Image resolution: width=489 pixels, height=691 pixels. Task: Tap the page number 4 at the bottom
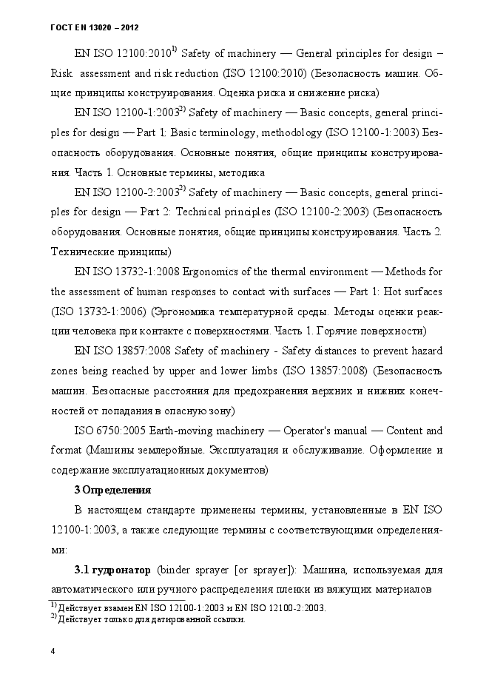coord(52,651)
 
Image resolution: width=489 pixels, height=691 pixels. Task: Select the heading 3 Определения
coord(113,490)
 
